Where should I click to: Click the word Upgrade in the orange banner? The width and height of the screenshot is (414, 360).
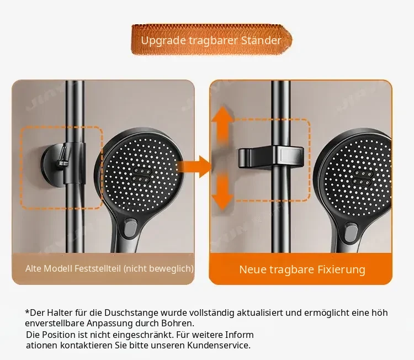tap(163, 41)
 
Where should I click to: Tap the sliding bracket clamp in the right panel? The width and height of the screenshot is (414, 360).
tap(271, 157)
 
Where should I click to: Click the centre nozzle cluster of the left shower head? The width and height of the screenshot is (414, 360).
tap(141, 175)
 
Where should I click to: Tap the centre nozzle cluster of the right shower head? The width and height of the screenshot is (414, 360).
tap(361, 177)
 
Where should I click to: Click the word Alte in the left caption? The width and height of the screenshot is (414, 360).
tap(33, 268)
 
